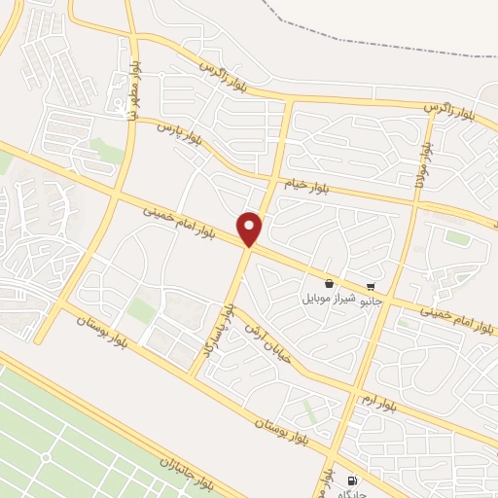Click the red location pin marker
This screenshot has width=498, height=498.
(251, 229)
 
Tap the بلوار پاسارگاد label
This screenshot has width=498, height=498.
(217, 328)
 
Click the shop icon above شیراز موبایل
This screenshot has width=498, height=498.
(329, 283)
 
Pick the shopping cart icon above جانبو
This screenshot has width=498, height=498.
(370, 288)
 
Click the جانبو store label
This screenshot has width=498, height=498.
(368, 302)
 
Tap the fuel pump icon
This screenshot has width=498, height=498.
(351, 480)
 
